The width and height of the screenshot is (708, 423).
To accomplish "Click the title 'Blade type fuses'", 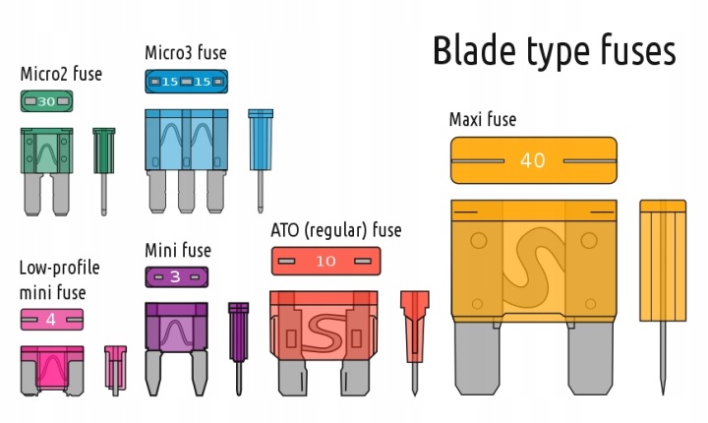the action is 554,51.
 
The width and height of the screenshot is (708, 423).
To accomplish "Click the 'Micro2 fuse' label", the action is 61,74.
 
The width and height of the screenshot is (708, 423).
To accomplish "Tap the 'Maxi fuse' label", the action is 482,120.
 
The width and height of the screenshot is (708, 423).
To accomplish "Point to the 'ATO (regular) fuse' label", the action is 335,230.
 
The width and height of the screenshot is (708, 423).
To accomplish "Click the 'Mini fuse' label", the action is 178,251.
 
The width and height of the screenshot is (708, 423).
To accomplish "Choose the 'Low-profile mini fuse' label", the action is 59,279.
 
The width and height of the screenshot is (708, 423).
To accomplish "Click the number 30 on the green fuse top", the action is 46,100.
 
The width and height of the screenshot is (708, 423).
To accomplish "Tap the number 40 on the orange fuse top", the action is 532,161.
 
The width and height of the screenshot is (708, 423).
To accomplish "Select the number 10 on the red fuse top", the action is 325,261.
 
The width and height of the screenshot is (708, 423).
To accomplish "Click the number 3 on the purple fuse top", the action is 175,276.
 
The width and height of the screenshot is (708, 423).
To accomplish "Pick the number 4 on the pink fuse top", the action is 51,319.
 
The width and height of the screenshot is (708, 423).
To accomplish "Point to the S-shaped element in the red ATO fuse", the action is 324,330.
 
